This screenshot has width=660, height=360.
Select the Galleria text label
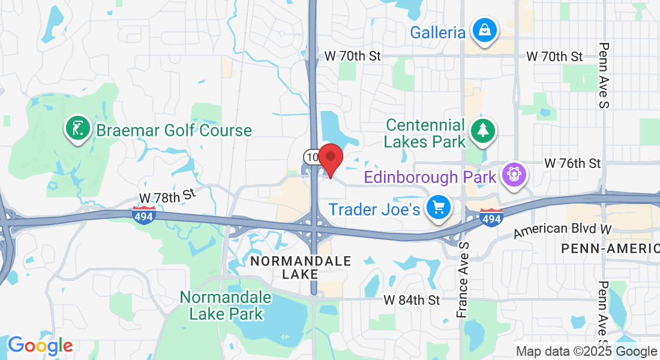pyautogui.click(x=437, y=32)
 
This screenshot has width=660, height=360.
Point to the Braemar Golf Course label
pyautogui.click(x=174, y=130)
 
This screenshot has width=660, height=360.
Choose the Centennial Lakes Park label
pyautogui.click(x=425, y=133)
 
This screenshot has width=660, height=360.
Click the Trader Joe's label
pyautogui.click(x=374, y=210)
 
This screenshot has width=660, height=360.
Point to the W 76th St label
pyautogui.click(x=572, y=163)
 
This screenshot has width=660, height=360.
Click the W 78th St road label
pyautogui.click(x=167, y=196)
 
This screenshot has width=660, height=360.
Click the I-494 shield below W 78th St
pyautogui.click(x=144, y=214)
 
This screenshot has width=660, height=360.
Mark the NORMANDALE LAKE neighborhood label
pyautogui.click(x=300, y=268)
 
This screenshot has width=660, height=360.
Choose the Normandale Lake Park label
pyautogui.click(x=226, y=305)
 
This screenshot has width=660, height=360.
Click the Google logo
pyautogui.click(x=40, y=346)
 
